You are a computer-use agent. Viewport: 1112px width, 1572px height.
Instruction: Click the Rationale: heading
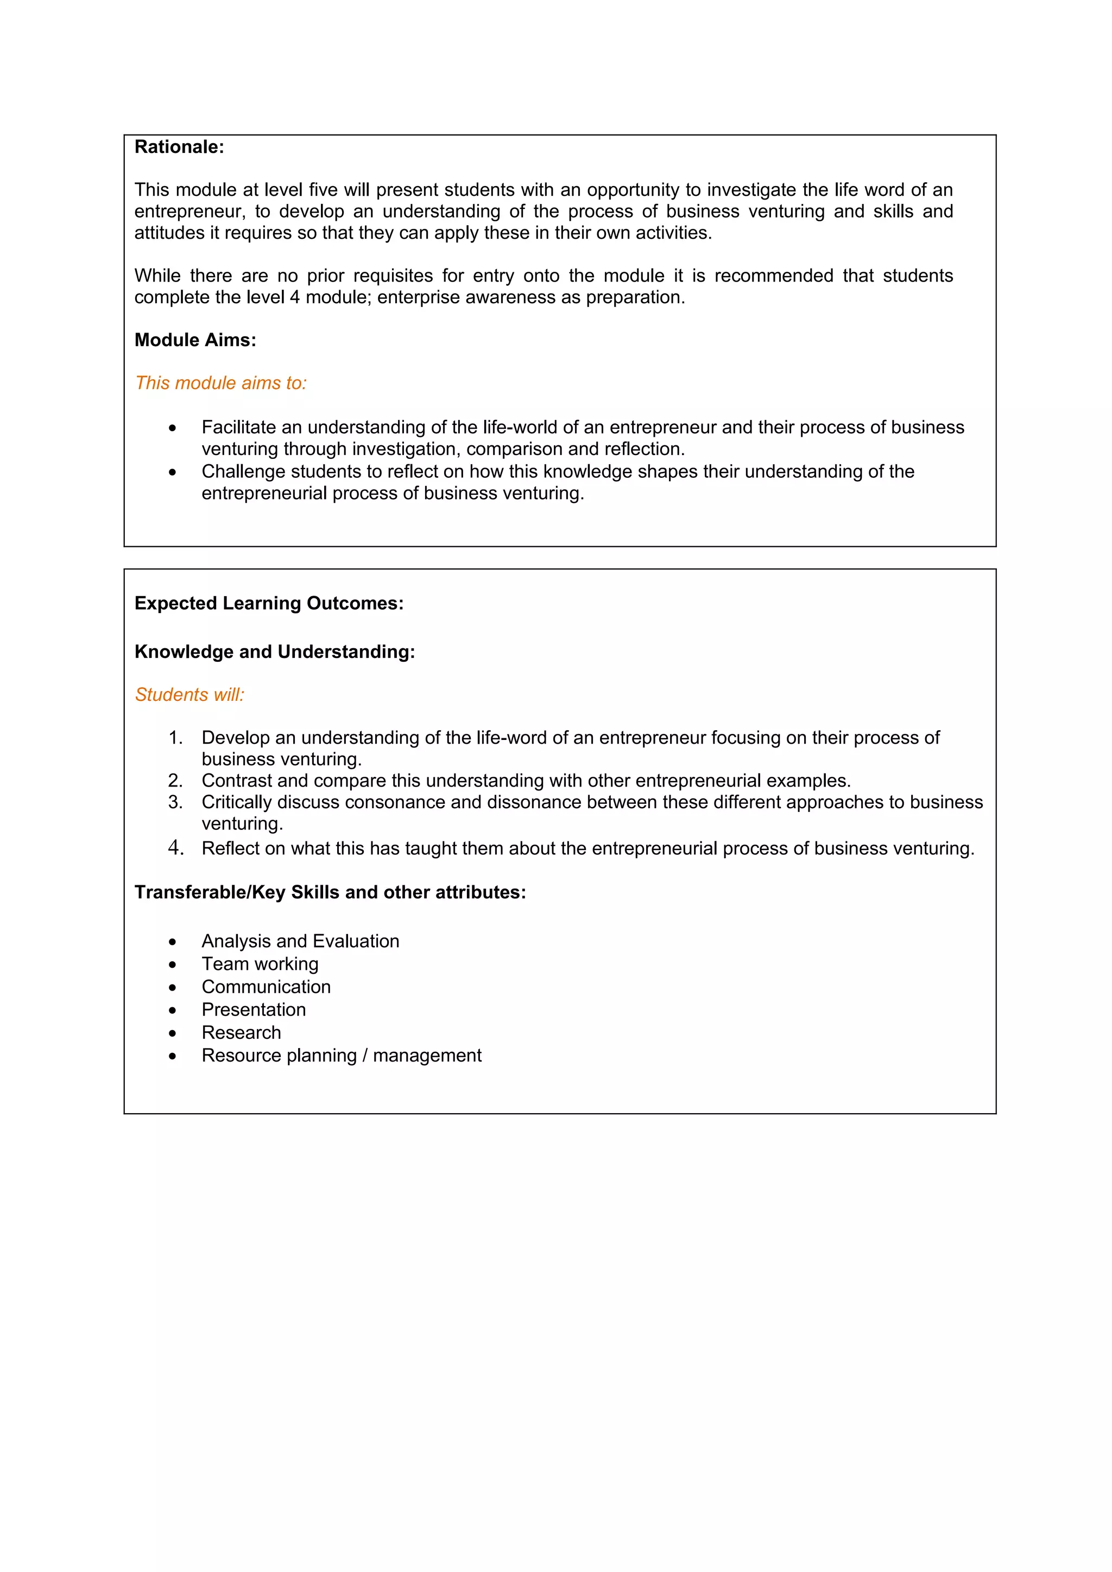pos(179,147)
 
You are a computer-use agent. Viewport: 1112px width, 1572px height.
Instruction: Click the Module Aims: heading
pos(195,340)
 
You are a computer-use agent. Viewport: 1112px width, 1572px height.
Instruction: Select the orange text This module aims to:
pos(220,384)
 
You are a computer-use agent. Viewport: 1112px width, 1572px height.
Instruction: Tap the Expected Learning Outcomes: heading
pos(269,603)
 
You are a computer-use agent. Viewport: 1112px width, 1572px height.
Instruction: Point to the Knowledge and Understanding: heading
pos(274,652)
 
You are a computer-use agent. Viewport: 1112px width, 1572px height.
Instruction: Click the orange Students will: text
pos(189,695)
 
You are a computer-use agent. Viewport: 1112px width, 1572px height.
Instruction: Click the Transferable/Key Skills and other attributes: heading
pos(330,893)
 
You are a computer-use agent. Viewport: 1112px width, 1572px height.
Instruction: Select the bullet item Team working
pos(260,964)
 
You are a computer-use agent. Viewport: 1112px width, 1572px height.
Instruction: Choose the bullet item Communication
pos(266,987)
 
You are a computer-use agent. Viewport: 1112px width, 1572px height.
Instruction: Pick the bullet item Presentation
pos(254,1010)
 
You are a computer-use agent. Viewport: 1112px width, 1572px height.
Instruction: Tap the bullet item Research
pos(241,1032)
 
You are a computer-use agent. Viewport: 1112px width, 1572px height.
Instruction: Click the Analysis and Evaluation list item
pos(300,942)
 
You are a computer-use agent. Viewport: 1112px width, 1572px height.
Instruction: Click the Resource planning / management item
pos(341,1056)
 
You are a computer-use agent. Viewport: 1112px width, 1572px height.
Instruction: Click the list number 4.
pos(175,848)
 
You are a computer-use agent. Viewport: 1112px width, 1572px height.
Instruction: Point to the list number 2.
pos(175,781)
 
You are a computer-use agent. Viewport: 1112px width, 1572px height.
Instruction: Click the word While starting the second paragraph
pos(157,276)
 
